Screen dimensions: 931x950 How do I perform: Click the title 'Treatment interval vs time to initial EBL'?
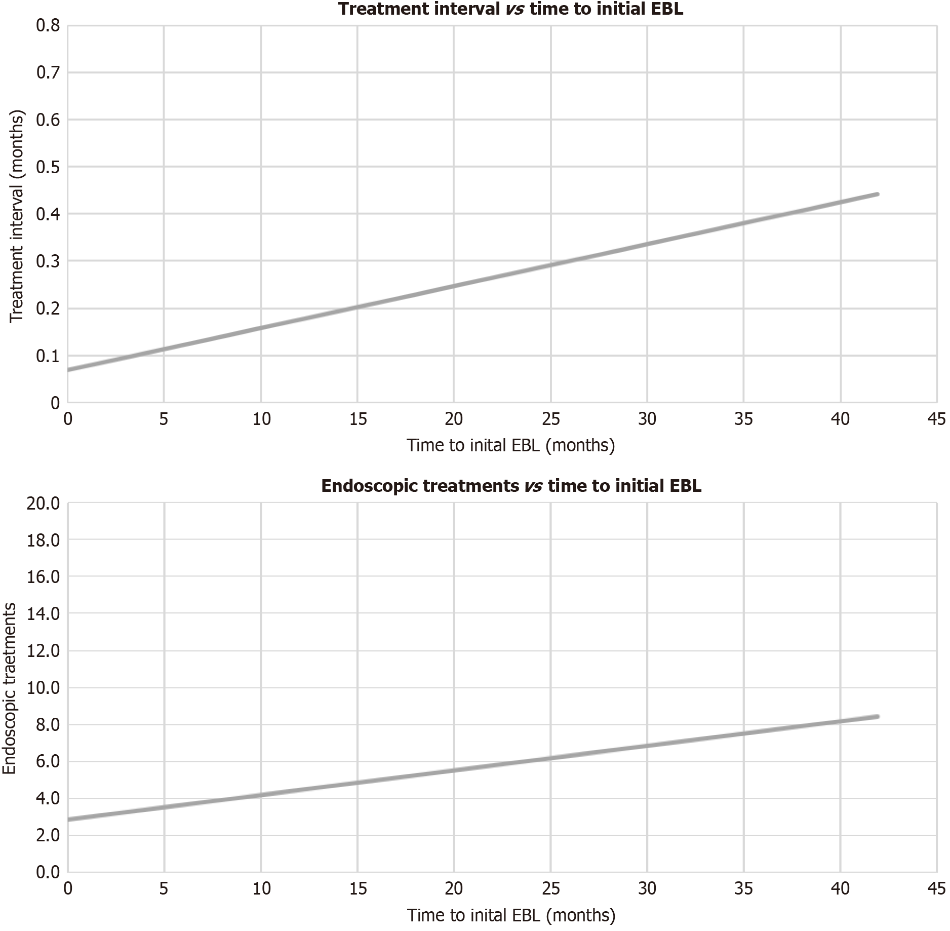[510, 9]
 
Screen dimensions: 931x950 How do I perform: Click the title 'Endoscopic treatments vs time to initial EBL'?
[510, 486]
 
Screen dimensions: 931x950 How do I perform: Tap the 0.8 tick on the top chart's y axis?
[48, 25]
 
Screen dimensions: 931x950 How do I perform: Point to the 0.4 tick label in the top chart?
[48, 214]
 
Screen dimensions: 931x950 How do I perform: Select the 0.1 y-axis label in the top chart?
[48, 356]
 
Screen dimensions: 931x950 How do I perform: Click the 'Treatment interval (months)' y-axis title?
[17, 216]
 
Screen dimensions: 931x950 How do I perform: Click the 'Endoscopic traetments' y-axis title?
[10, 688]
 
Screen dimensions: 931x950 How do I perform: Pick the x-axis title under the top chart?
[510, 445]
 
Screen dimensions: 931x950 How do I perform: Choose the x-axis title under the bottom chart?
[510, 915]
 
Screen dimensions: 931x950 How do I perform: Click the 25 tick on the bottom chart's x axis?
[551, 889]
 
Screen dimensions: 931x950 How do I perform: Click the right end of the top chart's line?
[877, 195]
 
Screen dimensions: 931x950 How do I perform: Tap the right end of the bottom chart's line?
[877, 717]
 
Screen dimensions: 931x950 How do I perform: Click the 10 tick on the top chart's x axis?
[261, 419]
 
